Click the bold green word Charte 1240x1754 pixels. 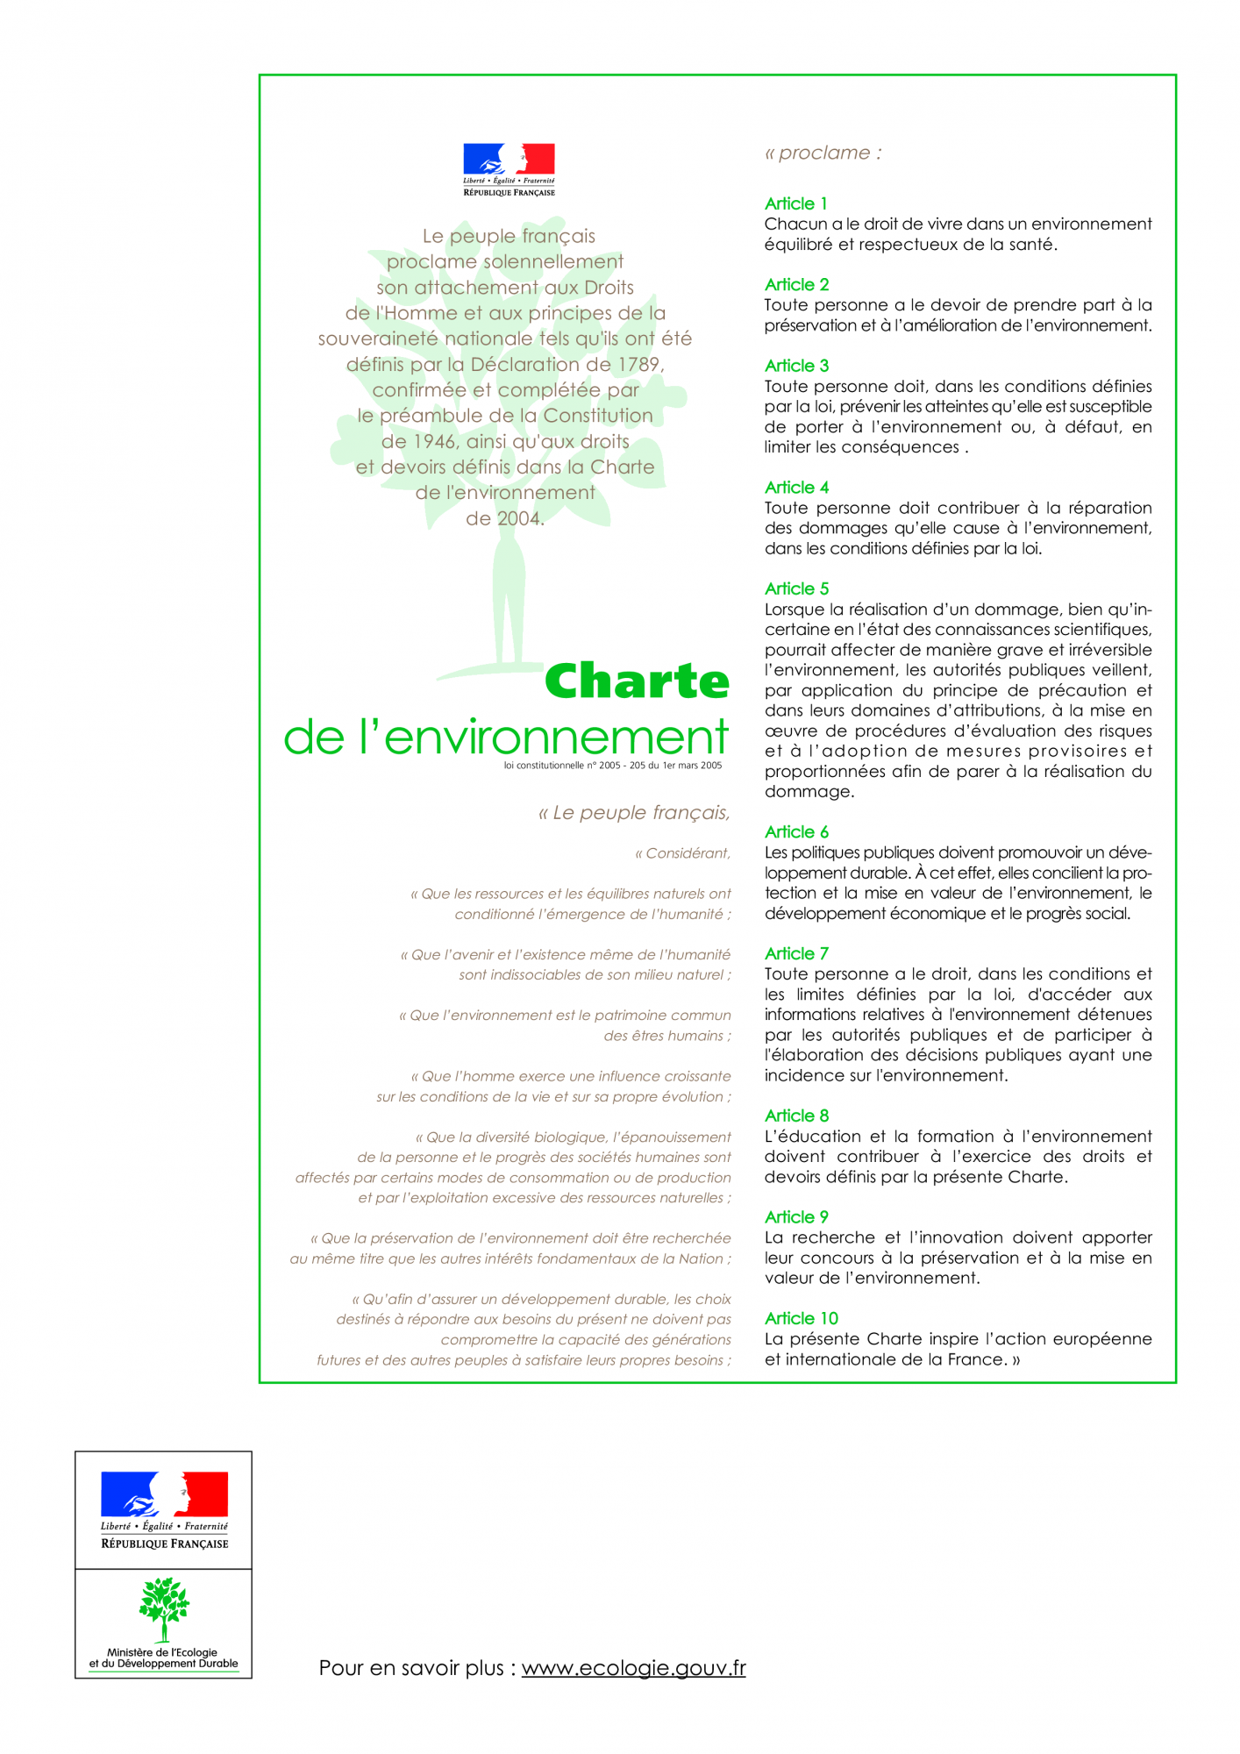click(x=637, y=681)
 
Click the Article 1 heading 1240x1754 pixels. click(x=795, y=203)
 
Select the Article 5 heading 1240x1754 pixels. click(x=796, y=588)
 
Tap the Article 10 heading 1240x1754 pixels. click(x=801, y=1318)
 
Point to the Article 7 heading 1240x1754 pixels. click(x=796, y=953)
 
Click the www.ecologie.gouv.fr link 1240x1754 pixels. click(x=633, y=1668)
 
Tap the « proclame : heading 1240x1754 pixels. click(x=823, y=153)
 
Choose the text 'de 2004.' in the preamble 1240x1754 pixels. click(x=505, y=518)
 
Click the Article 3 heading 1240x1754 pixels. click(x=796, y=366)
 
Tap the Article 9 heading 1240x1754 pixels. click(x=796, y=1217)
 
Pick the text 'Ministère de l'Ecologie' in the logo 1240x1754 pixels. click(x=162, y=1652)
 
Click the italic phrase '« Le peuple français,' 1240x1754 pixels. click(x=633, y=813)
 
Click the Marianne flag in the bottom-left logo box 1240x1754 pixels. click(x=164, y=1494)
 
